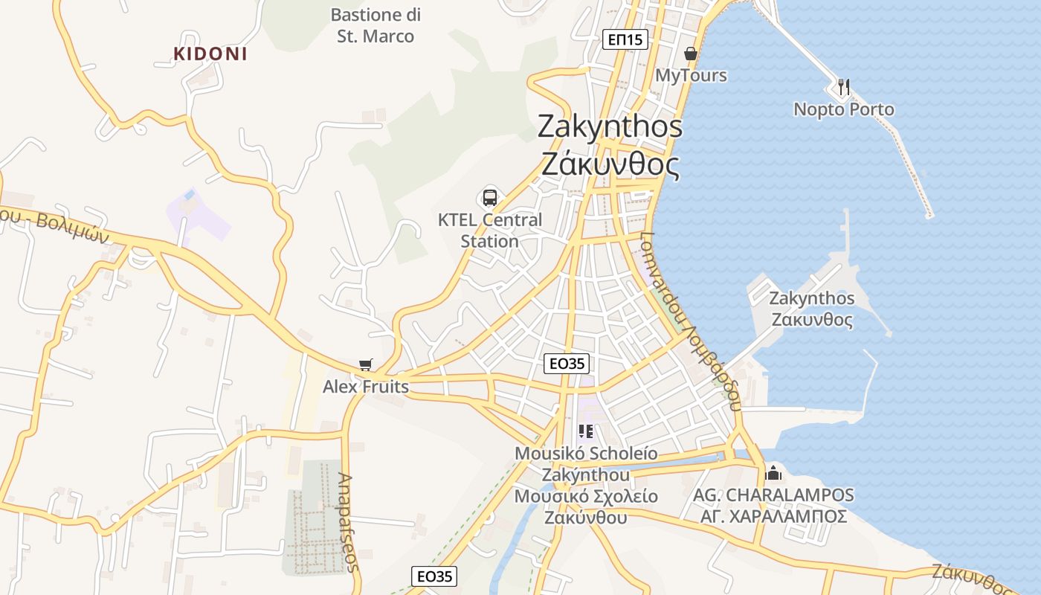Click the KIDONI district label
[x=210, y=54]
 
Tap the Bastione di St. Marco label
[x=376, y=25]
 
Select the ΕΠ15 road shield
[x=625, y=39]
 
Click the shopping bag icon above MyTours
[x=691, y=54]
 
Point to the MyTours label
[x=691, y=75]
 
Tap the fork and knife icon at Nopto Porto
[x=843, y=87]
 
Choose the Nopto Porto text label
[x=844, y=109]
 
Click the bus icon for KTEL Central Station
[x=490, y=197]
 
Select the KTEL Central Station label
[x=490, y=231]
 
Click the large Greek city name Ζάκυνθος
[x=610, y=164]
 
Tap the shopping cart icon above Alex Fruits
[x=365, y=364]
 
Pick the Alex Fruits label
[x=365, y=387]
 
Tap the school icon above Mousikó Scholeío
[x=586, y=431]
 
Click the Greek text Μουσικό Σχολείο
[x=586, y=496]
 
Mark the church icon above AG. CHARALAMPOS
[x=773, y=472]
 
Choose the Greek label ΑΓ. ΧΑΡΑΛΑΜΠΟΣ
[x=773, y=516]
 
